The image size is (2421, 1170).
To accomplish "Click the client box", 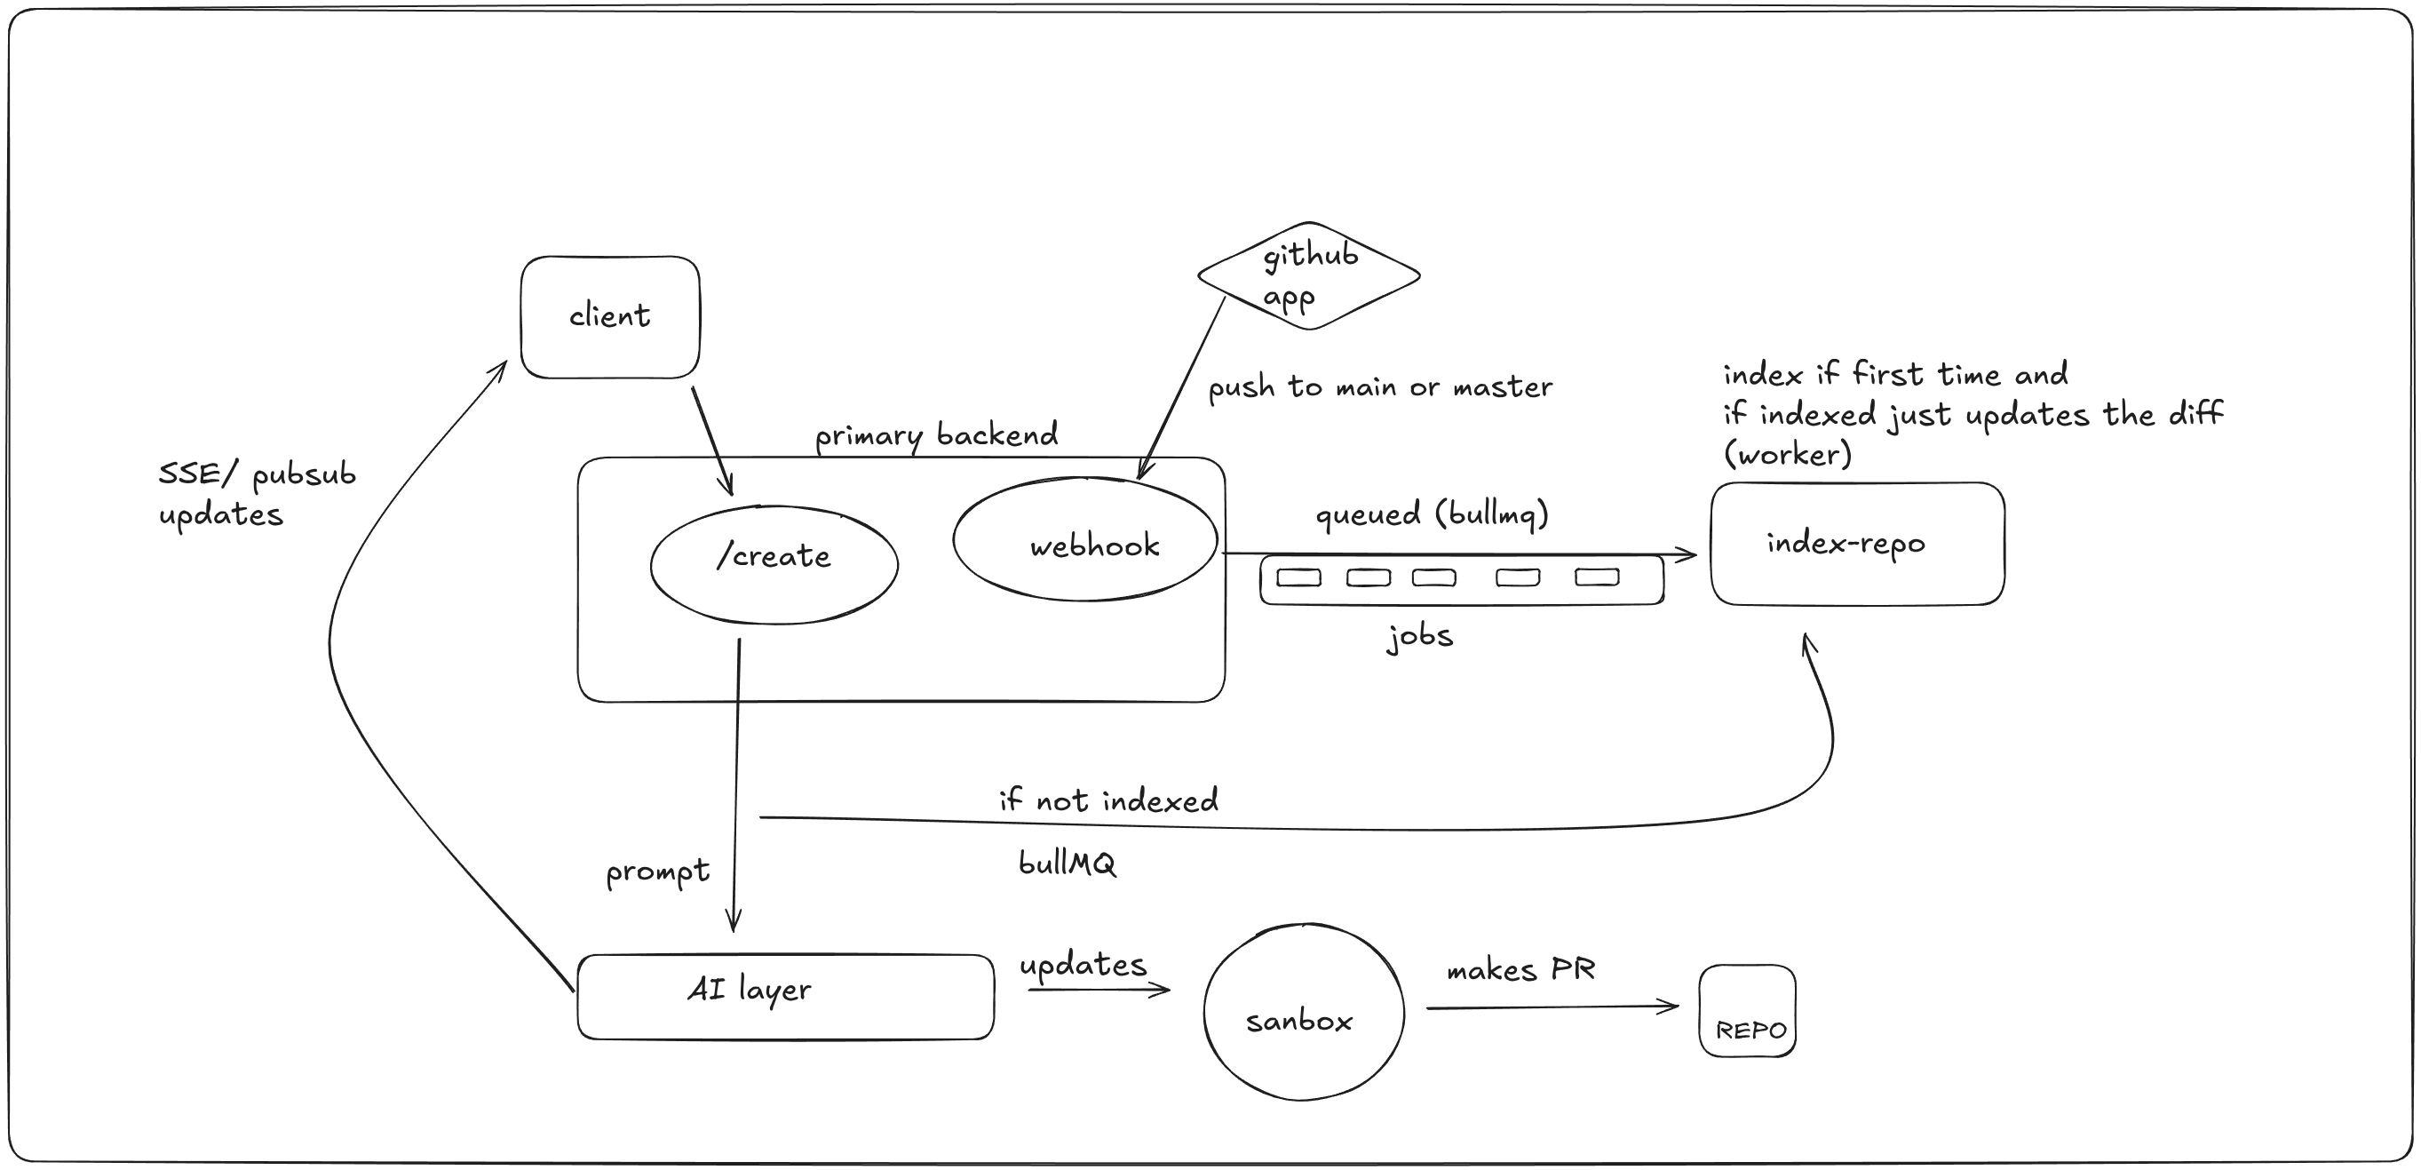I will click(x=610, y=316).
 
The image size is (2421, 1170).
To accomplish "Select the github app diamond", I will click(x=1308, y=276).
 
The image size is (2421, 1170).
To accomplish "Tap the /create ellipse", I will click(x=774, y=564).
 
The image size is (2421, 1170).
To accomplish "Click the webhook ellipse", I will click(x=1084, y=540).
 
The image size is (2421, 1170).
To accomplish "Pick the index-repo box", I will click(x=1856, y=544).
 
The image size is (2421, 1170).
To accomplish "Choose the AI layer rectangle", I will click(x=785, y=996).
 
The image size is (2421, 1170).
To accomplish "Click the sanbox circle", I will click(x=1304, y=1013).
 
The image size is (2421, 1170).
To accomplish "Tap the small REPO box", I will click(x=1747, y=1011).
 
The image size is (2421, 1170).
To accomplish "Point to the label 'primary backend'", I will click(x=936, y=435).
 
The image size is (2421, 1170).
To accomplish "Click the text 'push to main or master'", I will click(x=1379, y=387).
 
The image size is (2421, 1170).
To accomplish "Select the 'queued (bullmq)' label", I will click(x=1431, y=514).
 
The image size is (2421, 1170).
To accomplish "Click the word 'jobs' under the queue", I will click(x=1419, y=636).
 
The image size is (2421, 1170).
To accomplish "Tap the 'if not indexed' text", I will click(x=1108, y=800).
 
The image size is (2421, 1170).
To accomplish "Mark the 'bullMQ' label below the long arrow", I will click(x=1067, y=863).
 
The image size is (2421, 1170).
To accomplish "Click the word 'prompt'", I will click(x=657, y=872).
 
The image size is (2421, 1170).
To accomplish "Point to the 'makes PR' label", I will click(x=1520, y=970).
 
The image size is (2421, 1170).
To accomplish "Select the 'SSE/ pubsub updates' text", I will click(x=257, y=493).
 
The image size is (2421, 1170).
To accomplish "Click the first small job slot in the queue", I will click(x=1298, y=578).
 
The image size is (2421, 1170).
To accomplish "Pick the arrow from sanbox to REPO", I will click(x=1551, y=1007).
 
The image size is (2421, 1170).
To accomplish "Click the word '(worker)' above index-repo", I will click(x=1787, y=455).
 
